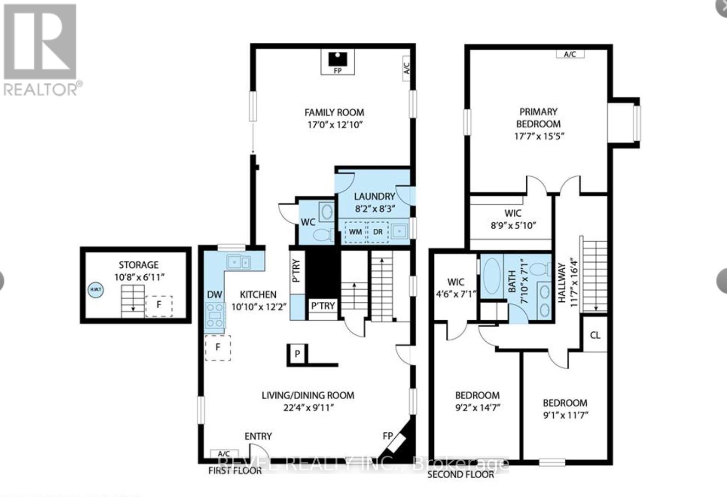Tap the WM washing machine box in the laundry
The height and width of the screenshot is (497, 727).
(x=355, y=232)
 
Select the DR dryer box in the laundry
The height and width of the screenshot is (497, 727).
(x=378, y=232)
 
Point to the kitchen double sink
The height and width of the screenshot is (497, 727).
(x=239, y=262)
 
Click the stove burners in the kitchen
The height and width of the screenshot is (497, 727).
(x=215, y=316)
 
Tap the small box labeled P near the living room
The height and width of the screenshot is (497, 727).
(x=297, y=354)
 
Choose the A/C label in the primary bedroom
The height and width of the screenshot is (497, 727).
(x=570, y=54)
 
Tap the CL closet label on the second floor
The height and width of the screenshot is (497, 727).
(x=595, y=335)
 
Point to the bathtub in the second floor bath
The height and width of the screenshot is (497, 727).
(x=492, y=279)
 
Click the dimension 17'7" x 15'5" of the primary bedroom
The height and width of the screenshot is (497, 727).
(x=539, y=136)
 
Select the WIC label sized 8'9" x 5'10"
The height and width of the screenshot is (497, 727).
(x=513, y=213)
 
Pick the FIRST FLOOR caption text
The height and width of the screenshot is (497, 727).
(x=235, y=470)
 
